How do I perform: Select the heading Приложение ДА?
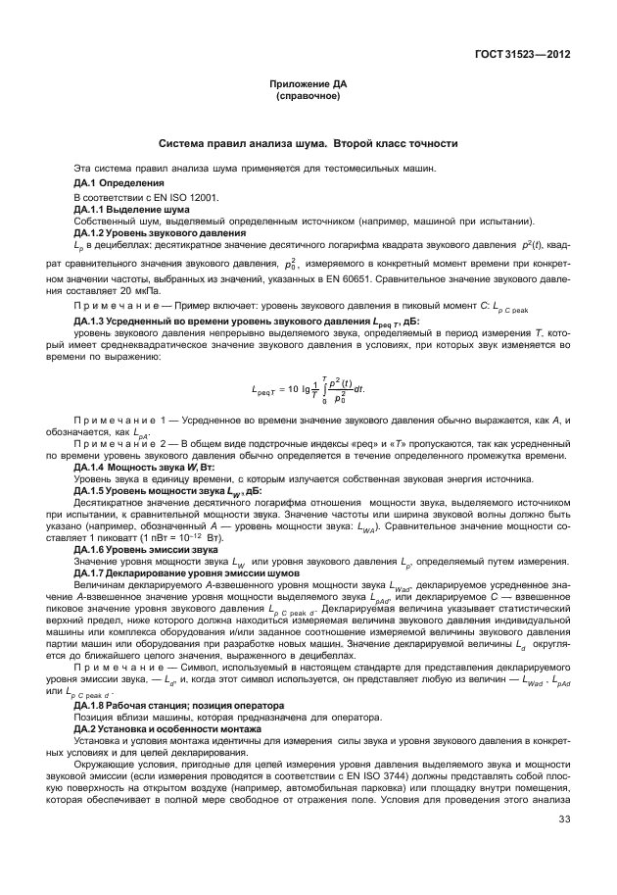[308, 87]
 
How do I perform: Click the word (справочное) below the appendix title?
[308, 98]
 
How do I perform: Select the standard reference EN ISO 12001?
[186, 197]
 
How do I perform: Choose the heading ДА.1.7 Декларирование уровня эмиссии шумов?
[176, 572]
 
